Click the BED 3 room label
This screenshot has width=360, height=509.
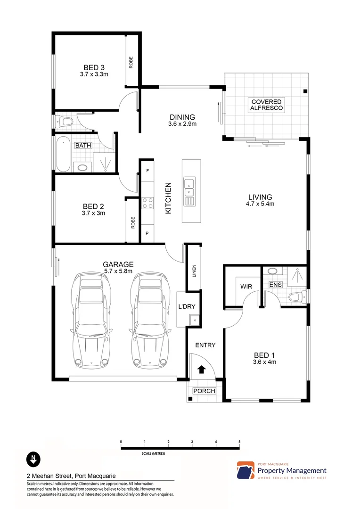(94, 67)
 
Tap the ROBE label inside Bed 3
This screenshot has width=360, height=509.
(131, 62)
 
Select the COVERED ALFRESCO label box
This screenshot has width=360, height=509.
(266, 105)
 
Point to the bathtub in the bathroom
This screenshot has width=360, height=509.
(63, 154)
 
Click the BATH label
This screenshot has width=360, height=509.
(83, 146)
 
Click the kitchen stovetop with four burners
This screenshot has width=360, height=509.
(147, 203)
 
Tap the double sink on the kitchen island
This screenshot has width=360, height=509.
(189, 187)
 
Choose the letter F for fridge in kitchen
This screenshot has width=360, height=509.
(147, 171)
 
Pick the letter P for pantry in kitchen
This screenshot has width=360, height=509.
(147, 233)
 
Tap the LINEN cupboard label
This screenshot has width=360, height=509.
(194, 271)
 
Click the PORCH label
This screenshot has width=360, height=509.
(205, 391)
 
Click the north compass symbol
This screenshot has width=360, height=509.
(33, 458)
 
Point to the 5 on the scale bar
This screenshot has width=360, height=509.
(239, 442)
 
